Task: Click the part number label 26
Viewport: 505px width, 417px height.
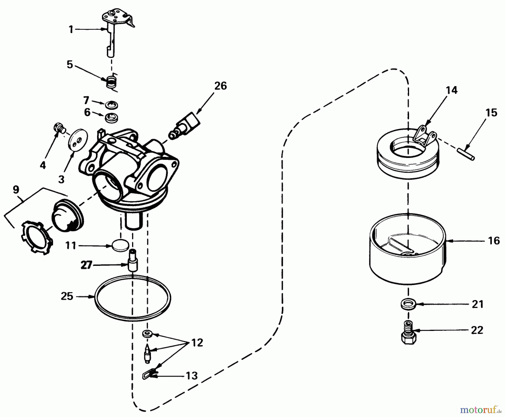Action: pos(220,86)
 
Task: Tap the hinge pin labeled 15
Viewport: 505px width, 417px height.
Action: pos(466,154)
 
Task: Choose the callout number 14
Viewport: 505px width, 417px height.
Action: pos(452,90)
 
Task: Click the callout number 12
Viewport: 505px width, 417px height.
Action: pos(197,343)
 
